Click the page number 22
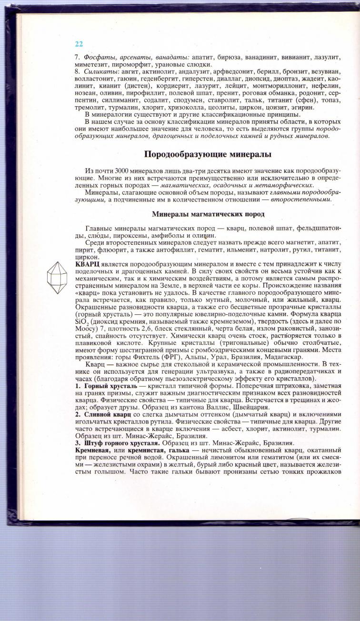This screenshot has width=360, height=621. tap(79, 44)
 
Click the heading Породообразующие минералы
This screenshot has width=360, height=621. tap(208, 155)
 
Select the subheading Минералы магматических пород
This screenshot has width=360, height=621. tap(208, 214)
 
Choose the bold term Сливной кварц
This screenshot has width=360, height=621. tap(105, 415)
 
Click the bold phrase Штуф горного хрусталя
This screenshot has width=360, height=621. tap(122, 443)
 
